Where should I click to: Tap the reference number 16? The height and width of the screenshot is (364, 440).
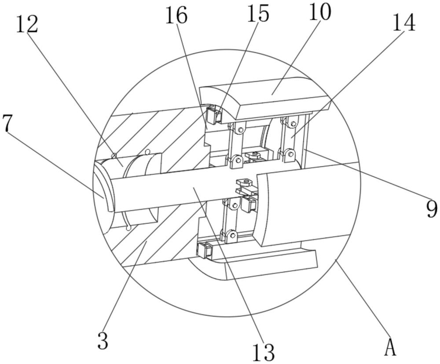176,16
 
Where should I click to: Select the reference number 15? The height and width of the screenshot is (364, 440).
257,14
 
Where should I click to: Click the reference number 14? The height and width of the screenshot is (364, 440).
403,23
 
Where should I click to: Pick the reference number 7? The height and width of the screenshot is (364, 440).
7,124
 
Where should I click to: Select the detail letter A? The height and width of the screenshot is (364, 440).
390,347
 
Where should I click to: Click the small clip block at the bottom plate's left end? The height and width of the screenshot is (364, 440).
204,251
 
